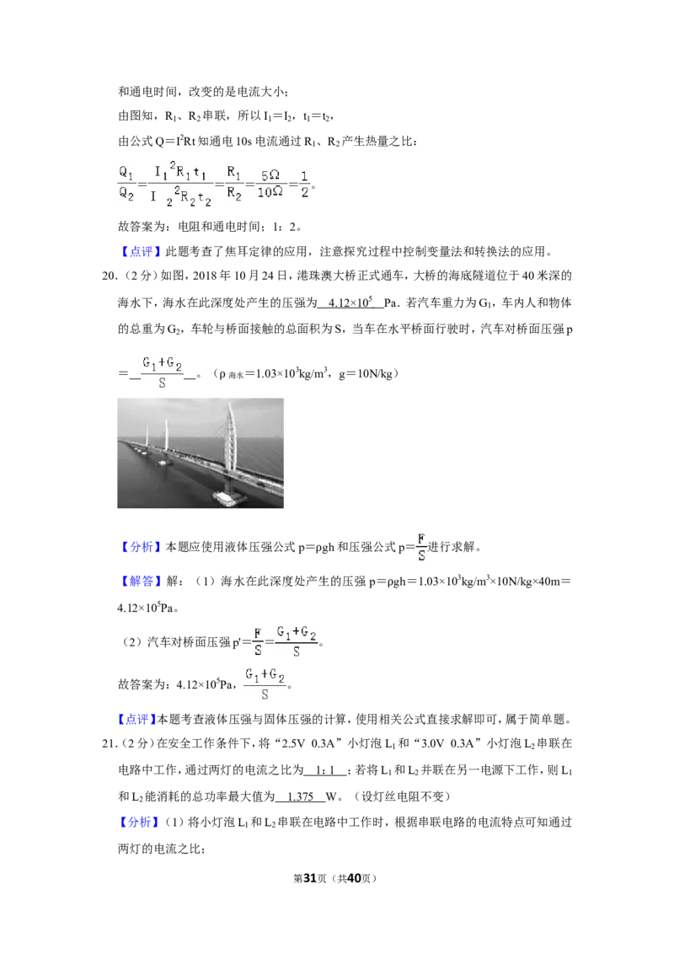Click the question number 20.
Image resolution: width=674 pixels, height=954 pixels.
click(109, 276)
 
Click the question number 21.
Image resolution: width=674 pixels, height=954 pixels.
click(109, 743)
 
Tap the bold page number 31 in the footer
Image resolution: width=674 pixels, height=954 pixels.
click(310, 878)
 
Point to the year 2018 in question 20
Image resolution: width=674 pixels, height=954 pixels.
click(205, 276)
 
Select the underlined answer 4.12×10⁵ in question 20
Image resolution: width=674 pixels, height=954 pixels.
click(350, 302)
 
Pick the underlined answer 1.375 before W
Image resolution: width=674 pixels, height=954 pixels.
click(300, 796)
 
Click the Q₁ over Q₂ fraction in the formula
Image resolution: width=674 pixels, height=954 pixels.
click(126, 183)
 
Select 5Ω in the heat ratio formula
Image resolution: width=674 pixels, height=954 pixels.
click(270, 175)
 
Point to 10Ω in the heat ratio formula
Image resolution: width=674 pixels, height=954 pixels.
click(270, 192)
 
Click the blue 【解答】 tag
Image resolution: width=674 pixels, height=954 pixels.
click(142, 581)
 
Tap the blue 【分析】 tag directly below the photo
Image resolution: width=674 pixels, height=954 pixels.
click(142, 547)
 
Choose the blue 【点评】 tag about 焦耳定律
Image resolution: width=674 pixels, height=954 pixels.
click(142, 251)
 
